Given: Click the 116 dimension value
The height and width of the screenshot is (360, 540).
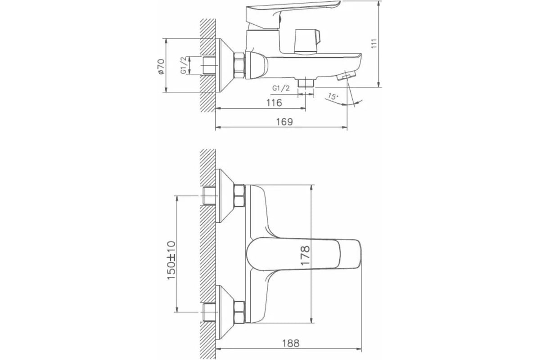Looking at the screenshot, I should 274,103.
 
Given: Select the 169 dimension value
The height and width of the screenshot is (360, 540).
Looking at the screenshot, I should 284,122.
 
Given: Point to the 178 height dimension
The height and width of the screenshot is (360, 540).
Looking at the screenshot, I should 305,256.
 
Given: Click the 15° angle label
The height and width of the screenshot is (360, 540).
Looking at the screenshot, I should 332,96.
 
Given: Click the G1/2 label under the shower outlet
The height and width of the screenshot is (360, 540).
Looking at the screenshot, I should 281,88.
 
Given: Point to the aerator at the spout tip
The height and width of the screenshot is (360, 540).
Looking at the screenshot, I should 347,76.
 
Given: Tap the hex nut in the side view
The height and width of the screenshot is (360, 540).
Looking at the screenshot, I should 238,65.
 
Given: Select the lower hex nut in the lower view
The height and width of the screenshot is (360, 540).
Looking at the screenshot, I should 238,311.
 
